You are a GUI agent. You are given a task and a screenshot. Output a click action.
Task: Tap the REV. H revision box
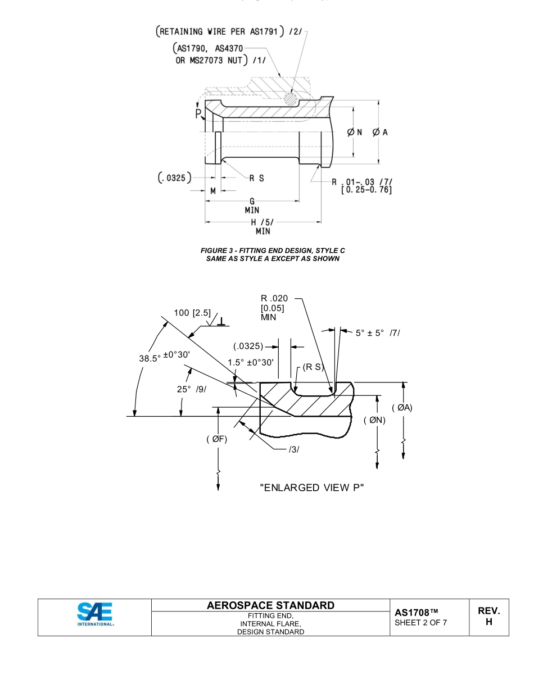[488, 617]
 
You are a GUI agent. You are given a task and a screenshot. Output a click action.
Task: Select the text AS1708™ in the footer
[417, 611]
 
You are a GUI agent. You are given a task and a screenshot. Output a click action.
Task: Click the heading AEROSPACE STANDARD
[271, 605]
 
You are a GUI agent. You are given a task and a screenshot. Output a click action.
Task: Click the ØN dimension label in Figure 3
[354, 132]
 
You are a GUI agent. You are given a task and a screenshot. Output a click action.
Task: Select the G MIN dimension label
[252, 206]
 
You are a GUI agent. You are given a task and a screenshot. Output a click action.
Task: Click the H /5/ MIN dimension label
[263, 226]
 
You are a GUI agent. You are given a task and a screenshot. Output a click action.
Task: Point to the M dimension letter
[213, 191]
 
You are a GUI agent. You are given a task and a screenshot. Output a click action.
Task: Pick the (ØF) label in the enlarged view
[216, 439]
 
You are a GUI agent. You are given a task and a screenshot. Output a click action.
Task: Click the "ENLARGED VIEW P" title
[311, 487]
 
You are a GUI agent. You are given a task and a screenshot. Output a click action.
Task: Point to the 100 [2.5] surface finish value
[192, 313]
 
